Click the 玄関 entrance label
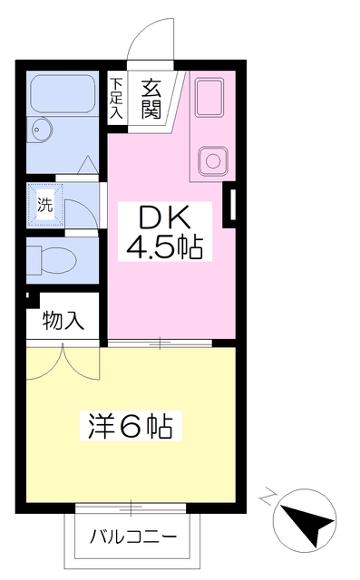(151, 99)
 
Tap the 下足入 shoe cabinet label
(117, 98)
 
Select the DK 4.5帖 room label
(165, 232)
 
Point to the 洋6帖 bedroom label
(131, 426)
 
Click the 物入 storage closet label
(63, 319)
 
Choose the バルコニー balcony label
(133, 536)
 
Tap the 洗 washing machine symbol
(45, 205)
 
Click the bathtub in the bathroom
(63, 93)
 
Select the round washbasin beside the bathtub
(41, 130)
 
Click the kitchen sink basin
(209, 97)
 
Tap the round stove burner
(213, 161)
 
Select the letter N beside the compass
(268, 497)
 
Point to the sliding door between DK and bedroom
(160, 343)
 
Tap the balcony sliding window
(131, 508)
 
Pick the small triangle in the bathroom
(88, 165)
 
